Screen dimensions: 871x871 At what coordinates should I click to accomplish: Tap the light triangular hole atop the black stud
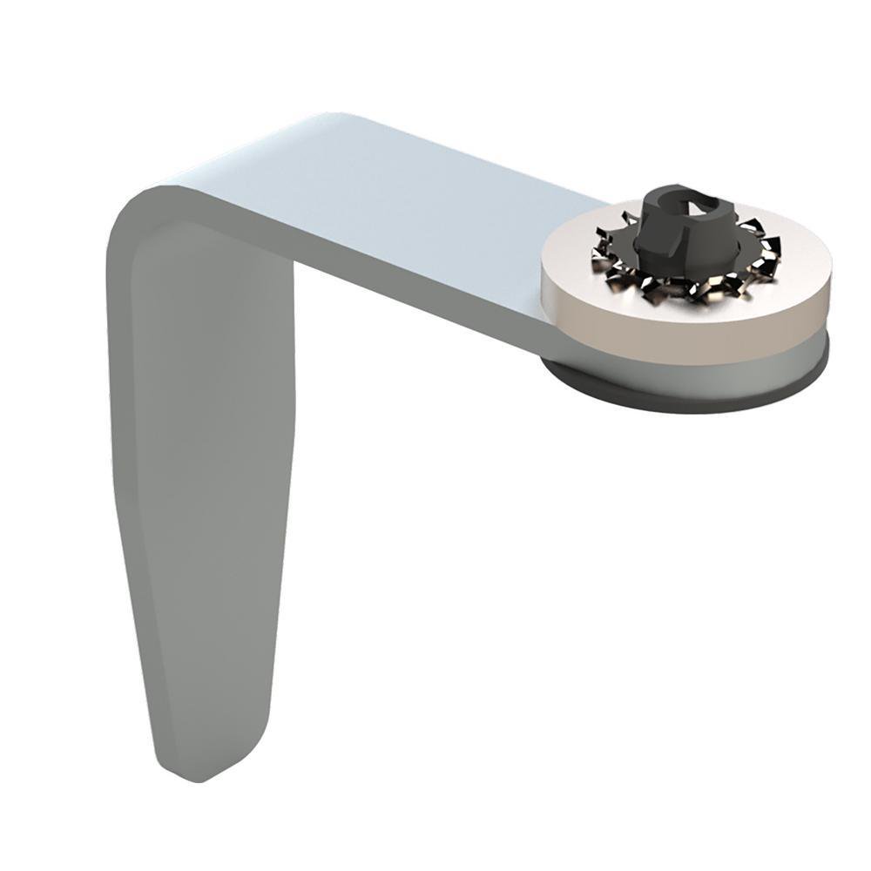point(697,203)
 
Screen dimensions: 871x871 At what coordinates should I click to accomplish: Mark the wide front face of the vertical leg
point(209,479)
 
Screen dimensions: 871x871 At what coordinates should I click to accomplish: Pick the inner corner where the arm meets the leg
point(292,261)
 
